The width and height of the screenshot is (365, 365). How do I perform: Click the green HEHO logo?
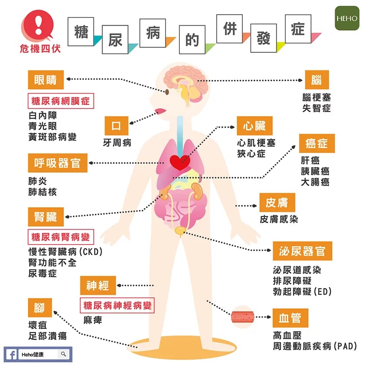point(347,18)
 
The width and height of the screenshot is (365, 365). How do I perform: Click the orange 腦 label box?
point(316,80)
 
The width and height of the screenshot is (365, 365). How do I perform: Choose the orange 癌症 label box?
point(316,143)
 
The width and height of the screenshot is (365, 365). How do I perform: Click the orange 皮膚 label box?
point(277,202)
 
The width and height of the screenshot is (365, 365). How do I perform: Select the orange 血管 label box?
point(290,317)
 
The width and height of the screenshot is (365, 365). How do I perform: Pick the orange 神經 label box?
point(98,285)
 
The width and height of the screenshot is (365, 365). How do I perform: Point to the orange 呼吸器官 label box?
point(57,163)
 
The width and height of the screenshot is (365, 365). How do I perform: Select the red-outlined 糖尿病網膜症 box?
point(61,101)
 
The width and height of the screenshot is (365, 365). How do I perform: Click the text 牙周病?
point(116,142)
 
